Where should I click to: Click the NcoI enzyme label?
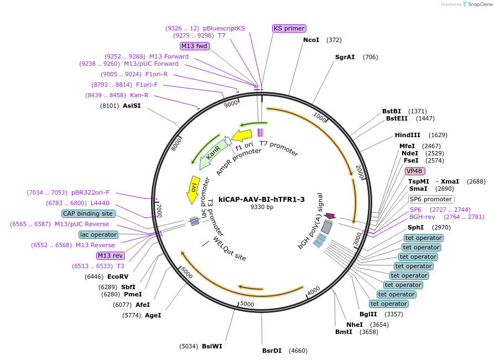click(x=311, y=40)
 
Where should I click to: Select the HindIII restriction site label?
click(x=408, y=135)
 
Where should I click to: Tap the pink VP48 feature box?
click(x=414, y=171)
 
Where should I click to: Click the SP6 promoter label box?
click(x=431, y=199)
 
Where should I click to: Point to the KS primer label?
click(x=289, y=28)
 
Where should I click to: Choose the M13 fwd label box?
click(x=194, y=46)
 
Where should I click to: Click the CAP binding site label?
click(x=88, y=213)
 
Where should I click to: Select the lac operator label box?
click(x=98, y=234)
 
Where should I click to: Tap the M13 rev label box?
click(x=110, y=255)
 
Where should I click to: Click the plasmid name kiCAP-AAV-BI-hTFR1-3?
click(x=262, y=199)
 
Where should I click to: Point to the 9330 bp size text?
click(x=262, y=207)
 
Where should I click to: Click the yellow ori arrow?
click(x=194, y=189)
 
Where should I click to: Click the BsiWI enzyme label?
click(x=212, y=346)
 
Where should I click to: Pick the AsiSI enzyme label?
click(x=132, y=106)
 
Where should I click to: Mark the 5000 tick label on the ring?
click(x=247, y=304)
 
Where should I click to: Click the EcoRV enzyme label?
click(x=118, y=276)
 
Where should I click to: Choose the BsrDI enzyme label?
click(x=272, y=350)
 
